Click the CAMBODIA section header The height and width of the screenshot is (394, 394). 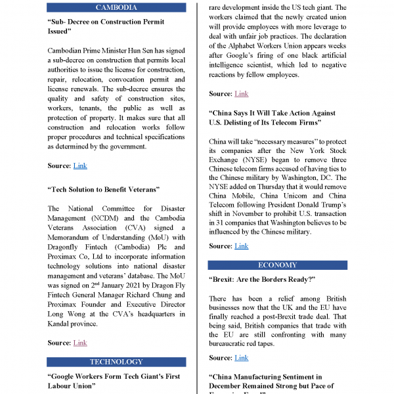[x=116, y=7]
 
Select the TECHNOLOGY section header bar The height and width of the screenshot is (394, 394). [x=116, y=362]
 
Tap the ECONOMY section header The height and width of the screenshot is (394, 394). [x=277, y=265]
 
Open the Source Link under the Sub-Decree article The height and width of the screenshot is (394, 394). [x=80, y=165]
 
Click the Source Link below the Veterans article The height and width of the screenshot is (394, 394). [x=80, y=343]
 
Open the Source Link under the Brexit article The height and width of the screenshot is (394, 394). [x=242, y=358]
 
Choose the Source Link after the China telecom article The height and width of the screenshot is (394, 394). [x=242, y=246]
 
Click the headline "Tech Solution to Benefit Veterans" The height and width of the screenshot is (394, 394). [x=103, y=190]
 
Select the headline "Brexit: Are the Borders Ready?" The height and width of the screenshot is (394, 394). [x=262, y=279]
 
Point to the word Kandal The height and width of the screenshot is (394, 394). [x=62, y=324]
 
